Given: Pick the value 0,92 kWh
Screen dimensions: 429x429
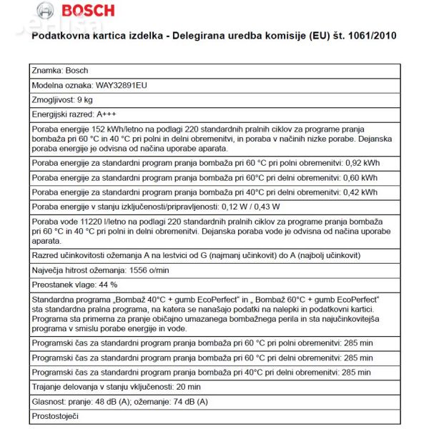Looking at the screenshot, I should [x=362, y=163].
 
